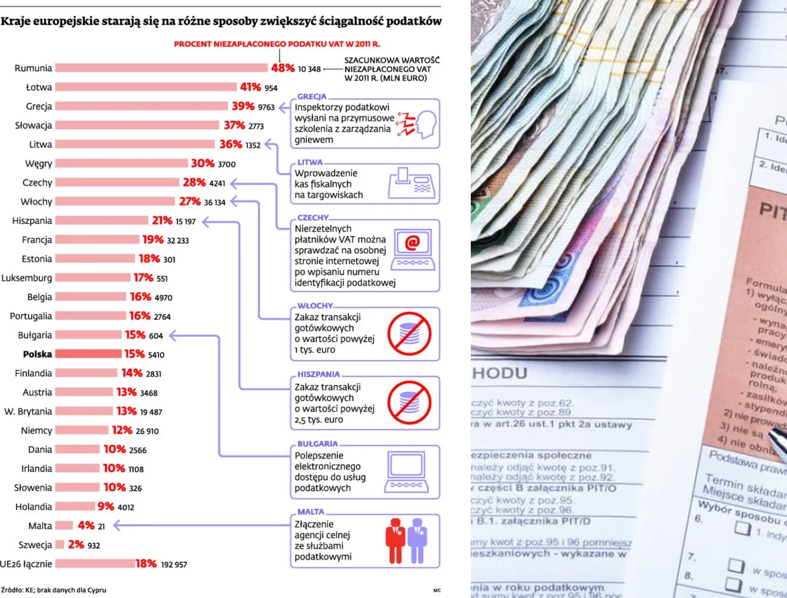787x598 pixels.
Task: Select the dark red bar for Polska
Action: coord(88,354)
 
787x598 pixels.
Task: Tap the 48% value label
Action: coord(282,68)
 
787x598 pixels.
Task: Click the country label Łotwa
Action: coord(39,87)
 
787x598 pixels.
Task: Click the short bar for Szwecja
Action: coord(60,545)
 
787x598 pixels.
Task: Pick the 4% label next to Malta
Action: coord(86,526)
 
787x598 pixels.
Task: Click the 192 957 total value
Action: coord(171,564)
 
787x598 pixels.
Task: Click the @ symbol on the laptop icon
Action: coord(412,242)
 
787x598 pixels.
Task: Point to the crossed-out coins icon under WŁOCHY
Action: coord(409,333)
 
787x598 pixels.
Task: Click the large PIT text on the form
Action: coord(772,212)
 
